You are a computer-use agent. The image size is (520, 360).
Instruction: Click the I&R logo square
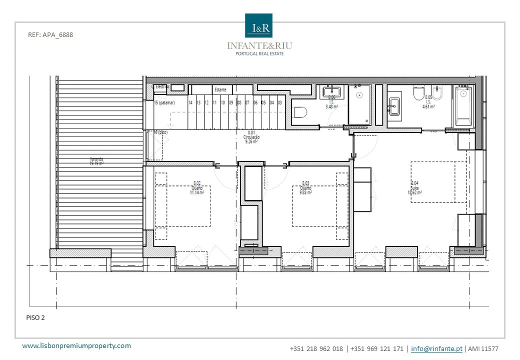pos(258,25)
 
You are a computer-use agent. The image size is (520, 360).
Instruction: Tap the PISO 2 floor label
pos(35,317)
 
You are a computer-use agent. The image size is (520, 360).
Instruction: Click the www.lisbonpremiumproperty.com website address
pos(77,345)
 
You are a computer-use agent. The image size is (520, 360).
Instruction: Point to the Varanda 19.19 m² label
pos(96,161)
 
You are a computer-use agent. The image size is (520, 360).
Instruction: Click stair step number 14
pos(190,102)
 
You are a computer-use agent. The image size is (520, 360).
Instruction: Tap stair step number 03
pos(279,102)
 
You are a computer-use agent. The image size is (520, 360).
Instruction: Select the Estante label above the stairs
pos(220,90)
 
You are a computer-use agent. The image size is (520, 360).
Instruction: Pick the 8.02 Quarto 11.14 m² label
pos(196,188)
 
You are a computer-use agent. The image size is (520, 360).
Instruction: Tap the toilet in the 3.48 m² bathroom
pos(300,113)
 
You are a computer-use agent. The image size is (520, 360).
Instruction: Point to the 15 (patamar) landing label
pos(164,102)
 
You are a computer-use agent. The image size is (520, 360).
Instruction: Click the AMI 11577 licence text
pos(483,348)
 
